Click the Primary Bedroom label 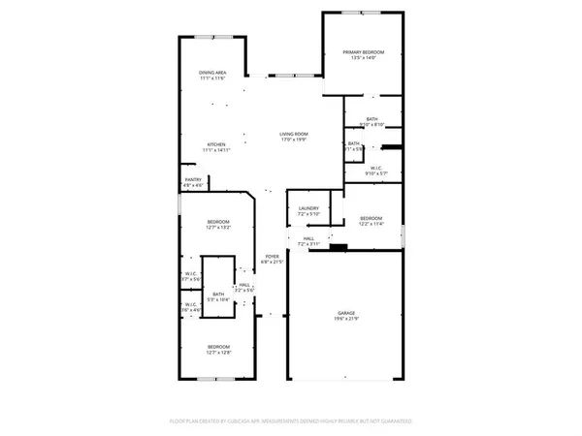(x=364, y=51)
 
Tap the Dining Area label (x=212, y=73)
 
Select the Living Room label (x=293, y=135)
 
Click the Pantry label (x=193, y=179)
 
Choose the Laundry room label (x=308, y=207)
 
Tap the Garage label (x=346, y=313)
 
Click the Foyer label (x=273, y=257)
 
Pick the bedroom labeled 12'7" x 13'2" (x=217, y=223)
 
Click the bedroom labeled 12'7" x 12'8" (x=217, y=346)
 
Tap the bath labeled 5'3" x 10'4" (x=218, y=294)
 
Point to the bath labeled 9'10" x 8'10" (x=372, y=118)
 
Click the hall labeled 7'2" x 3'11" (x=308, y=238)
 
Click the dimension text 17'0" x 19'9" (x=293, y=140)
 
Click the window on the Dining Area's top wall (x=211, y=37)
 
